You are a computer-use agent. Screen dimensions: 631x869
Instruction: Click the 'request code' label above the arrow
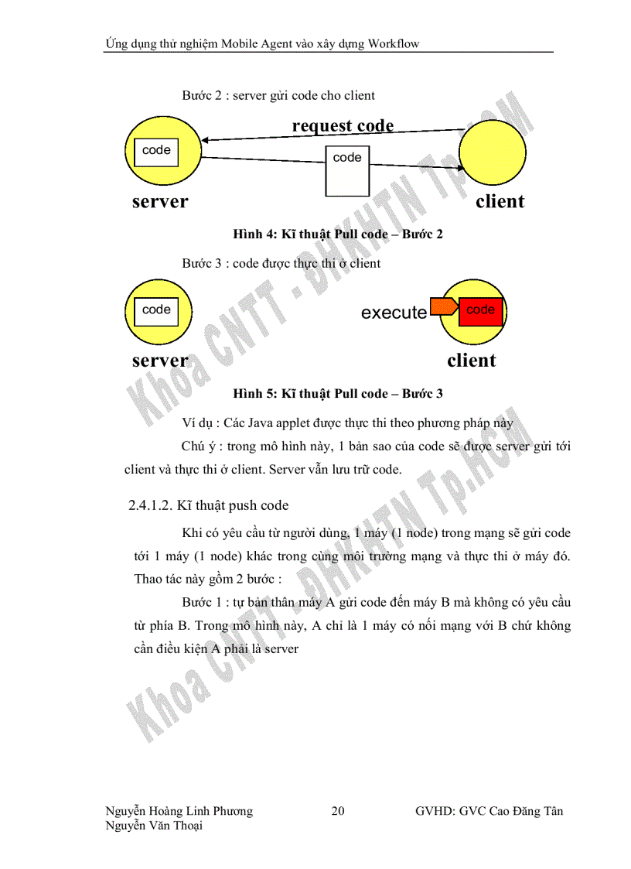(343, 125)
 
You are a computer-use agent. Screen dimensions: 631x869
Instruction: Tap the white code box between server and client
(347, 171)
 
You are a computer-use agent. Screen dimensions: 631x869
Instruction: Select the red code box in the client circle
(480, 310)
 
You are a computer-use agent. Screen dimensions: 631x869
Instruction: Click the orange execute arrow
(443, 308)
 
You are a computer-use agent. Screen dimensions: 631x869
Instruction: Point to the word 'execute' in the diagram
(394, 313)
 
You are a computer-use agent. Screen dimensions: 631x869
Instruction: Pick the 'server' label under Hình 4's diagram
(160, 202)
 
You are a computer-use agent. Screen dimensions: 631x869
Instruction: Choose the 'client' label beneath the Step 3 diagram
(471, 361)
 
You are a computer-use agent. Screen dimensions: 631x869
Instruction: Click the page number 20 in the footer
(338, 811)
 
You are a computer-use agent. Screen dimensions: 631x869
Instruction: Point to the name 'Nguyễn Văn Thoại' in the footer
(154, 826)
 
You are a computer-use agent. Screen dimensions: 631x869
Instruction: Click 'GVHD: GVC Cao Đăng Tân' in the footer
(489, 811)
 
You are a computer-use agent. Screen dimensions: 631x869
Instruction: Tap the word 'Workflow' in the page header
(394, 43)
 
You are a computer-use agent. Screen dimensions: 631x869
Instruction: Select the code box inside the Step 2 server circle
(156, 152)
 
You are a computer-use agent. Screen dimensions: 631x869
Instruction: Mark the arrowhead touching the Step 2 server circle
(206, 141)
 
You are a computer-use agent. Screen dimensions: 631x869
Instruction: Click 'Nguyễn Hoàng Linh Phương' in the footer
(179, 811)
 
